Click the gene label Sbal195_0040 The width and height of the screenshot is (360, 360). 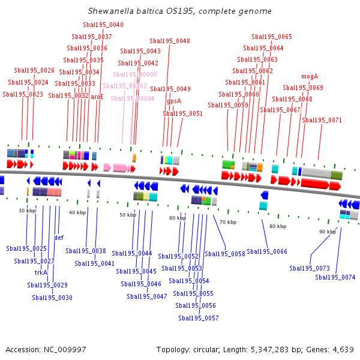[103, 25]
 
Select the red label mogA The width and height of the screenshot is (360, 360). [309, 76]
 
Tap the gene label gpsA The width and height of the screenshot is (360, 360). [173, 101]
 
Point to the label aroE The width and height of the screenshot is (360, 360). [97, 96]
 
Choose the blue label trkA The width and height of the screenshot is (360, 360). [41, 272]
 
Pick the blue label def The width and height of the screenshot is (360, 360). [59, 238]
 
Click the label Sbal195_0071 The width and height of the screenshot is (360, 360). [322, 120]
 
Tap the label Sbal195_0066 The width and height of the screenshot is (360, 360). [267, 251]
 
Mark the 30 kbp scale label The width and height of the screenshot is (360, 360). [27, 211]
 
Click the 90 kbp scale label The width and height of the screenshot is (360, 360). [328, 232]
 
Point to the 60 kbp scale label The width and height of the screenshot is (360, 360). [178, 218]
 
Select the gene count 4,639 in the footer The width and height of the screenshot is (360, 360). [342, 349]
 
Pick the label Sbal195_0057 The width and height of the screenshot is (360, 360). [197, 318]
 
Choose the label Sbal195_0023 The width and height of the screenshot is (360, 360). [23, 94]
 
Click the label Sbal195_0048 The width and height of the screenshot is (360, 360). [170, 41]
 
